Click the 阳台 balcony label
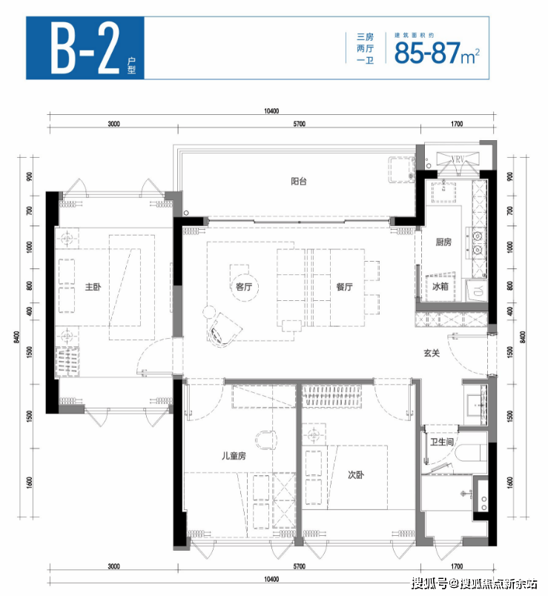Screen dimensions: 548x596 pos(299,182)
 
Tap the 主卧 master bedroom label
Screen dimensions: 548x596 pos(93,287)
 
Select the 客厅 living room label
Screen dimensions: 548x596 pos(244,287)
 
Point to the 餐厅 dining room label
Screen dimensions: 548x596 pos(345,287)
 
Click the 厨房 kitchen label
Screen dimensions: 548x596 pos(443,242)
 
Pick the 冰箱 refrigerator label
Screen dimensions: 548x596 pos(440,286)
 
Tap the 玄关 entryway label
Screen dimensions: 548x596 pos(432,353)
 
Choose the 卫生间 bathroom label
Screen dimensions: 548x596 pos(441,442)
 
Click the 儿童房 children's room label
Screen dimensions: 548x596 pos(234,455)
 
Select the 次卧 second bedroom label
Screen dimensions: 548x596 pos(356,474)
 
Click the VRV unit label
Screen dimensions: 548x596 pos(458,159)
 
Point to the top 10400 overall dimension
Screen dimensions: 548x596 pos(271,111)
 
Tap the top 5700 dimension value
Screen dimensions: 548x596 pos(300,124)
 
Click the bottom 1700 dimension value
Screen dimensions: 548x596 pos(457,566)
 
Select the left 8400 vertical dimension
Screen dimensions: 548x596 pos(16,337)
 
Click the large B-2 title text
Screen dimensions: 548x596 pos(85,48)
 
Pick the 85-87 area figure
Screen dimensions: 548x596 pos(427,53)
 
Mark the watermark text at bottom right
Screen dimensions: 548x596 pos(475,583)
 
